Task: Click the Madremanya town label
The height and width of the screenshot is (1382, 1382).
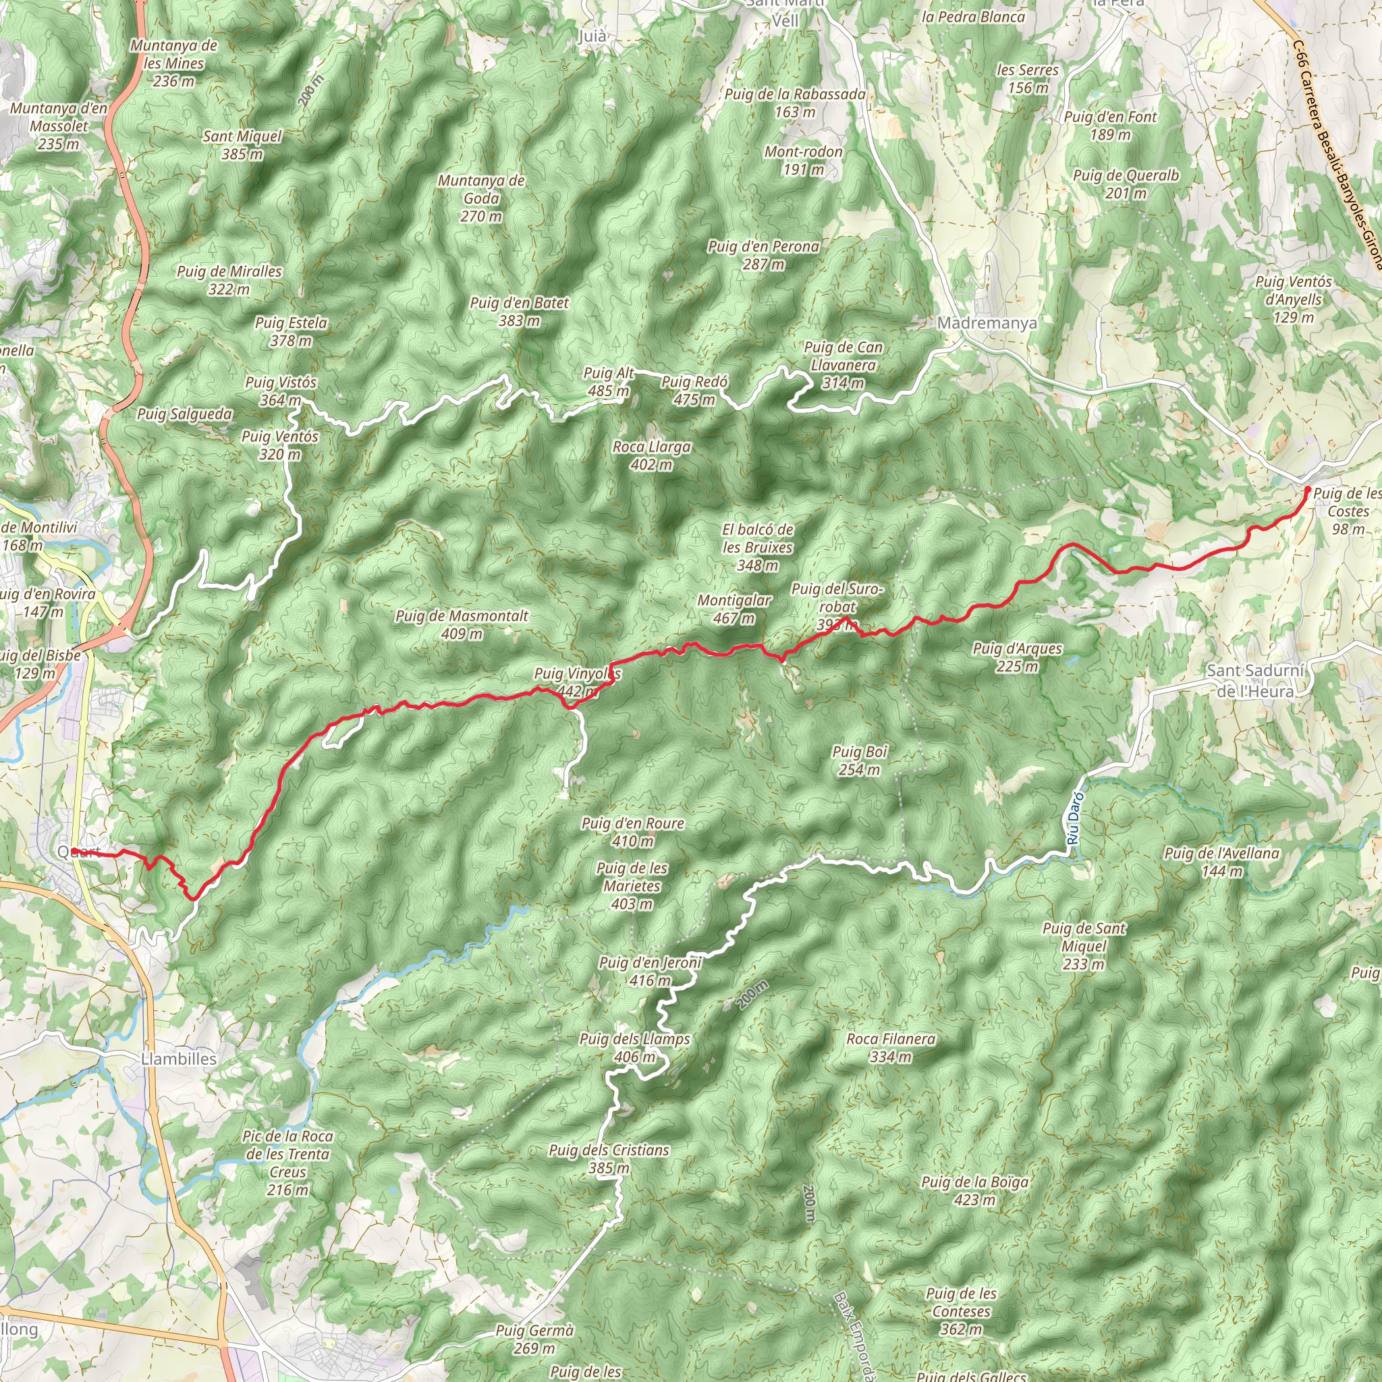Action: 987,323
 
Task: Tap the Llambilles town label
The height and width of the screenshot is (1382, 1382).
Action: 179,1059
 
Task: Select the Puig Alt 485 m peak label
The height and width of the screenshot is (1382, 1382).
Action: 608,382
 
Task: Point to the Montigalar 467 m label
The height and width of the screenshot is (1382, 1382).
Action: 734,609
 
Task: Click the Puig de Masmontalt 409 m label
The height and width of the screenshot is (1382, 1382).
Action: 462,624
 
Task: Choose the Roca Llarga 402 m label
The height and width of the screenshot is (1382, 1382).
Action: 652,455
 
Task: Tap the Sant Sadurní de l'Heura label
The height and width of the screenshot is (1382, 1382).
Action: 1255,681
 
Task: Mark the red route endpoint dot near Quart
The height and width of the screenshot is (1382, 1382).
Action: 74,851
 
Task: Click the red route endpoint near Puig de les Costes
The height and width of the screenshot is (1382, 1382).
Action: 1308,490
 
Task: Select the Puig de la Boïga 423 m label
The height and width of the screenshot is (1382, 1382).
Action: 975,1190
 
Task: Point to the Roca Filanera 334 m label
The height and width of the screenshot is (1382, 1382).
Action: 891,1047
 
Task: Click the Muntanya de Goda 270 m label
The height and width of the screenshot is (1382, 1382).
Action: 481,198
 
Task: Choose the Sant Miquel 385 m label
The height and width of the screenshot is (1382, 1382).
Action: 242,144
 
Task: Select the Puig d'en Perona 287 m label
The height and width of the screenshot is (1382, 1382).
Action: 763,255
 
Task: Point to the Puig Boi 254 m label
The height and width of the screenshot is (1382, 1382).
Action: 859,761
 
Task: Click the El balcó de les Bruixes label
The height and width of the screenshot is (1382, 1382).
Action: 758,547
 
